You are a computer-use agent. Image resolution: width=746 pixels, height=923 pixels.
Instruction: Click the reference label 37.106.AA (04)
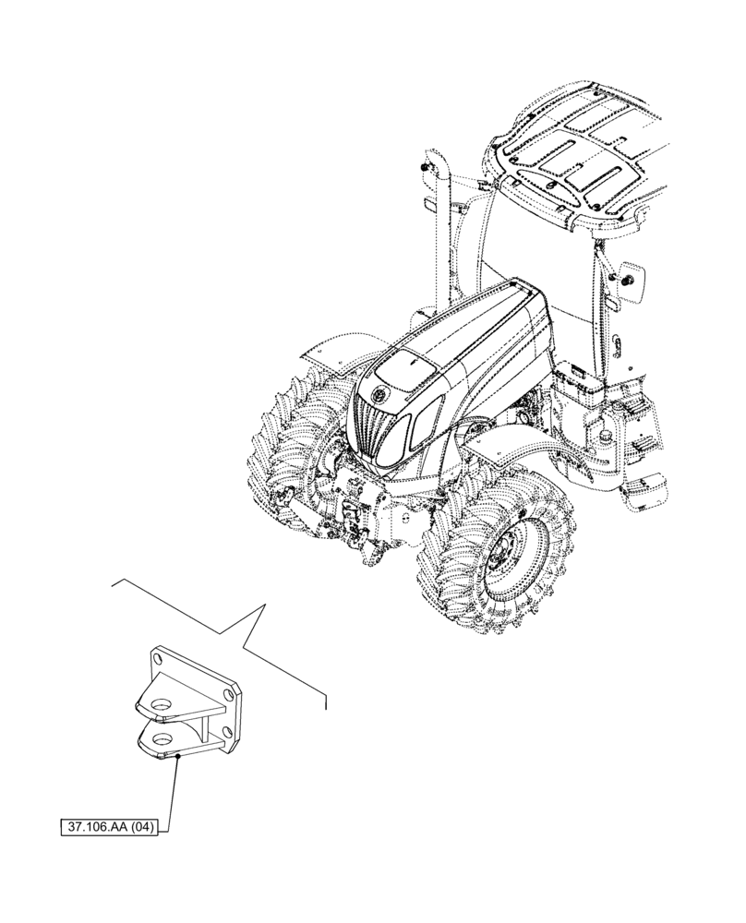[109, 828]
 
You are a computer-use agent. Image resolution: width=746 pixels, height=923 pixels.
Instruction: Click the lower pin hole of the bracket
[162, 737]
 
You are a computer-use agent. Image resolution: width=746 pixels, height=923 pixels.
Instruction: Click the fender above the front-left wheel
[323, 351]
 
